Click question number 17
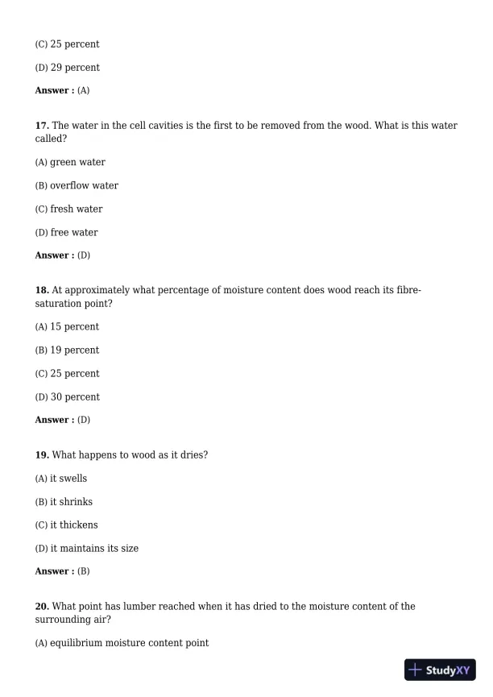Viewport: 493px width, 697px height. tap(42, 126)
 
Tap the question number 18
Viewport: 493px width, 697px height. tap(42, 290)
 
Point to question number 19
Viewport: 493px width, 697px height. tap(42, 455)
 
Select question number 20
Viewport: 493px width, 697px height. tap(42, 607)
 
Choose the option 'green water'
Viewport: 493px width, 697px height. tap(70, 162)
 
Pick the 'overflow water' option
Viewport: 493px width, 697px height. tap(77, 185)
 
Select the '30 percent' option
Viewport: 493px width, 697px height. tap(68, 396)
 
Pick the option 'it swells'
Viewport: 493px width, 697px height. tap(61, 479)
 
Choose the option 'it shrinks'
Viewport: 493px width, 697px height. tap(64, 502)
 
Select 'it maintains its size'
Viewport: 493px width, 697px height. tap(86, 548)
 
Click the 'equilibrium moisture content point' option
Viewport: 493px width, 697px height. tap(122, 643)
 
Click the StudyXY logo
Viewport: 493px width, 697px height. tap(440, 670)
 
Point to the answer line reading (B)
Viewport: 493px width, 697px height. tap(62, 571)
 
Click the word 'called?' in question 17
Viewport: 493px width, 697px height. tap(51, 139)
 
